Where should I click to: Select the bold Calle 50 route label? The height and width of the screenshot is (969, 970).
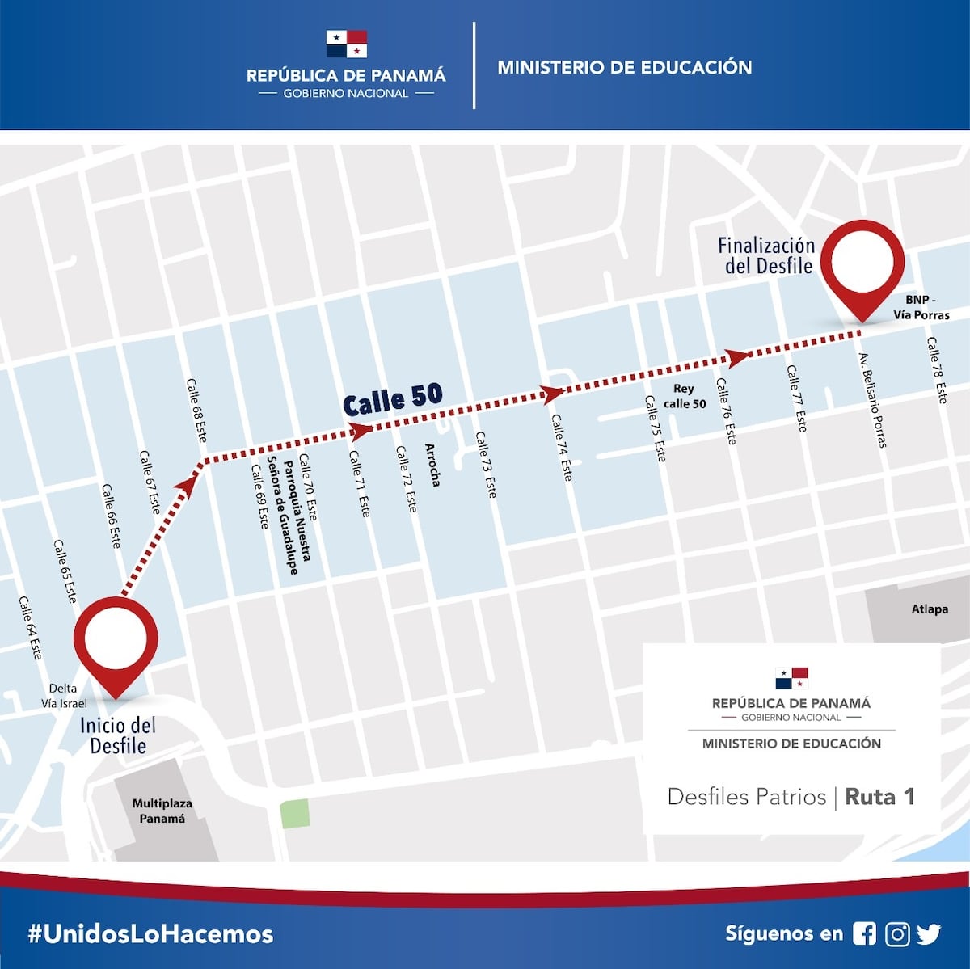pyautogui.click(x=393, y=398)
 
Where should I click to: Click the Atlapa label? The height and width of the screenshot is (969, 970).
pyautogui.click(x=930, y=609)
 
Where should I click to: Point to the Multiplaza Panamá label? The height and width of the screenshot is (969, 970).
pyautogui.click(x=162, y=811)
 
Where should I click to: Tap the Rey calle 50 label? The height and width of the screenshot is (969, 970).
pyautogui.click(x=684, y=396)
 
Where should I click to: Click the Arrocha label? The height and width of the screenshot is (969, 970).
pyautogui.click(x=432, y=465)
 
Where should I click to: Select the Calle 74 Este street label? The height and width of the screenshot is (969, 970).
pyautogui.click(x=561, y=448)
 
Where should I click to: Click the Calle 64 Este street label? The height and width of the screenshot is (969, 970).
pyautogui.click(x=30, y=628)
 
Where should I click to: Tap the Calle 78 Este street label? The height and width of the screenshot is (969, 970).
pyautogui.click(x=937, y=370)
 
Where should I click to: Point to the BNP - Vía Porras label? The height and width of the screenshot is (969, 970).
pyautogui.click(x=921, y=307)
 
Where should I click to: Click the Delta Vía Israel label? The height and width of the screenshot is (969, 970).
pyautogui.click(x=64, y=696)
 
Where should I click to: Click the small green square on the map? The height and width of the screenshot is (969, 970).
pyautogui.click(x=294, y=813)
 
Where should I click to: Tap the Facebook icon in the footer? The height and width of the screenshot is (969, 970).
pyautogui.click(x=864, y=933)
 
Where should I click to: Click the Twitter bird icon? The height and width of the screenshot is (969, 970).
pyautogui.click(x=929, y=933)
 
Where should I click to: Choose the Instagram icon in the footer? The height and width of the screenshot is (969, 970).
pyautogui.click(x=897, y=933)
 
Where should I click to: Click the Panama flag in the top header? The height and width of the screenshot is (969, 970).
pyautogui.click(x=347, y=44)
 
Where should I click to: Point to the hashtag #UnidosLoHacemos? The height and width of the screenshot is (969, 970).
pyautogui.click(x=150, y=934)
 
